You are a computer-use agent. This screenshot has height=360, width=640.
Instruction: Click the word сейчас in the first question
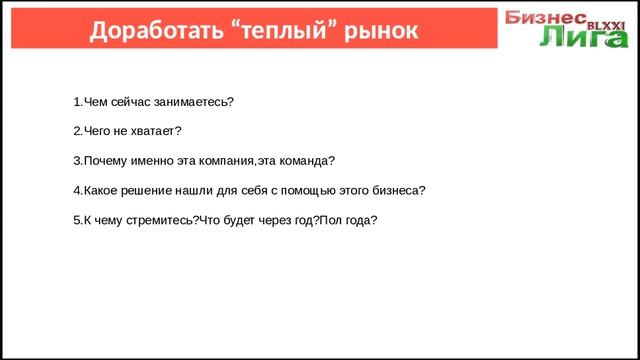tap(133, 102)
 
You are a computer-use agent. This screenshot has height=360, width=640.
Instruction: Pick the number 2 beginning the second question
tap(77, 131)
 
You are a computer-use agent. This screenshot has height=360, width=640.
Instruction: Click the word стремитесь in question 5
tap(158, 220)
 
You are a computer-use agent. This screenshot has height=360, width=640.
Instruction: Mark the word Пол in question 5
tap(330, 220)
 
